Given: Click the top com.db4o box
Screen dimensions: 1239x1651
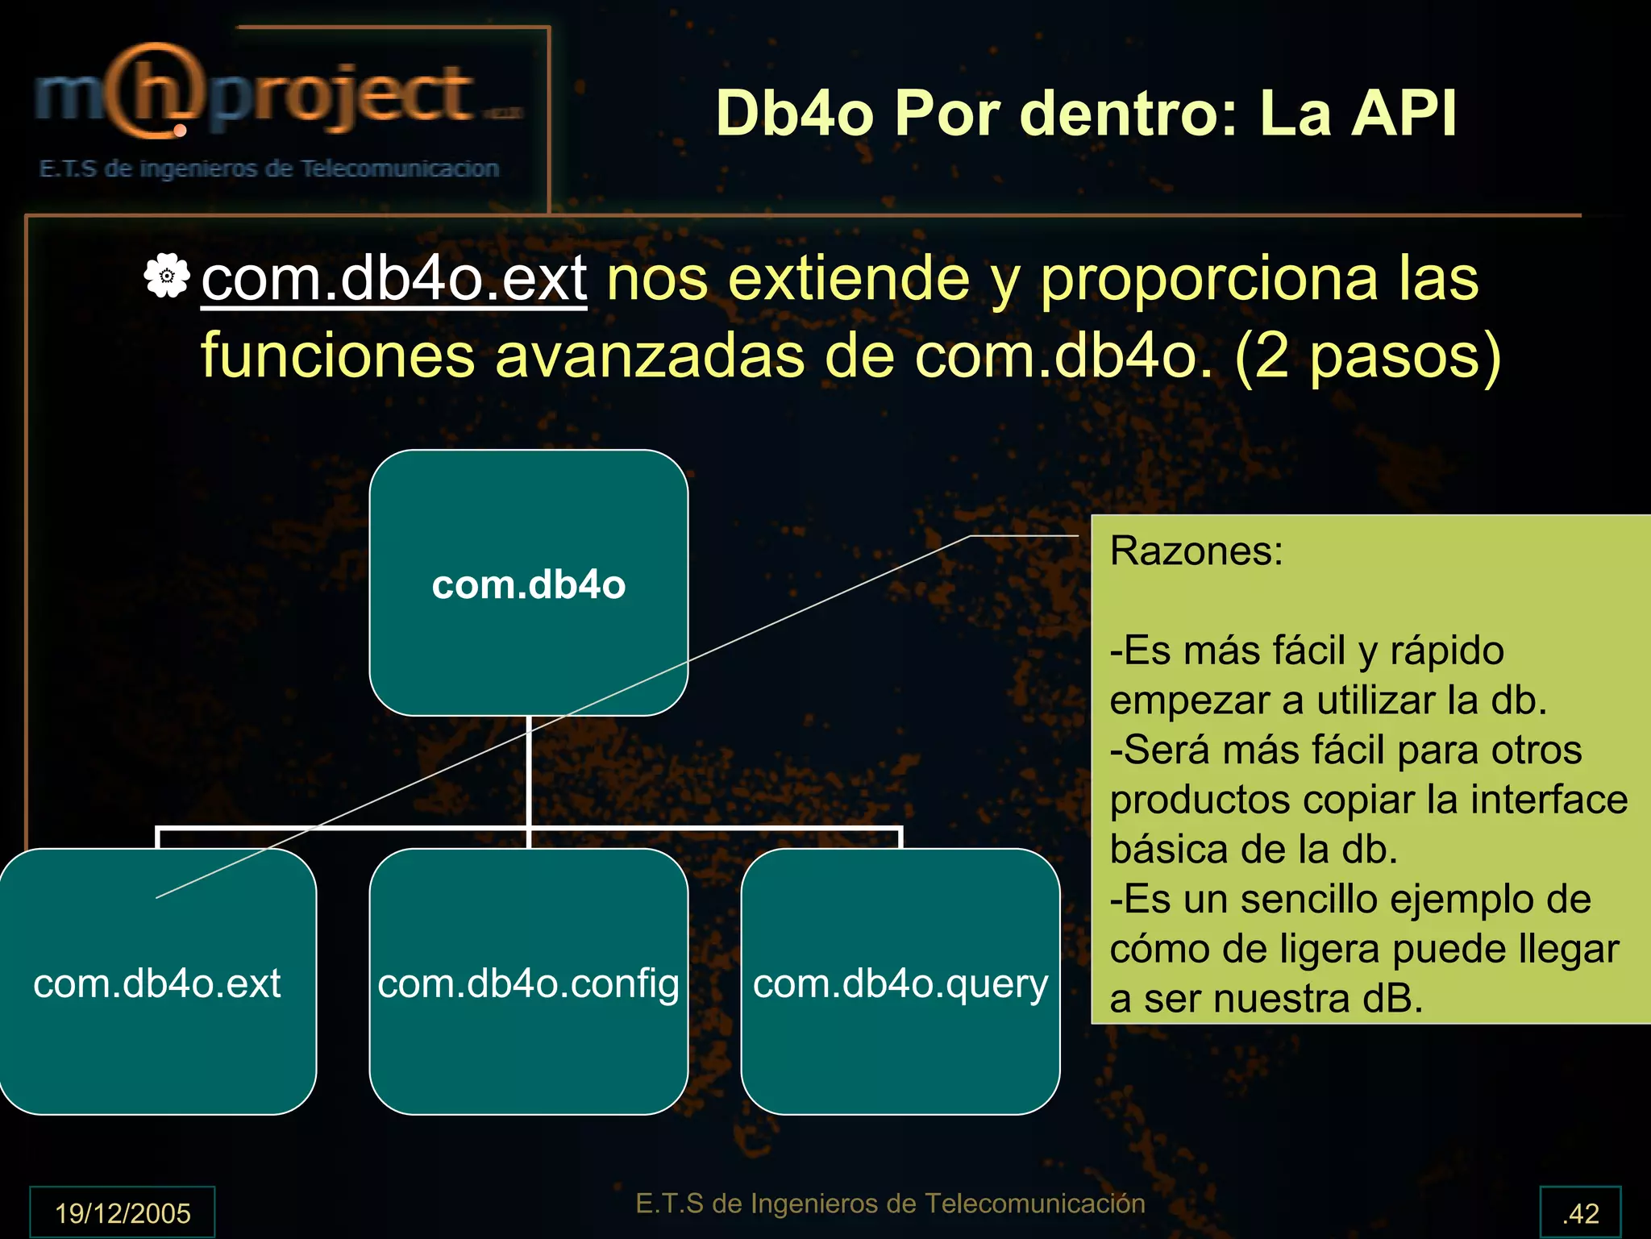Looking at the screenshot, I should pyautogui.click(x=528, y=583).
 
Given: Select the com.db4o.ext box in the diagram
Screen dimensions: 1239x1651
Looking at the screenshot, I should pyautogui.click(x=157, y=982).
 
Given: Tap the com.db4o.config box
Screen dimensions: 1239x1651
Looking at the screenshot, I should pyautogui.click(x=528, y=982).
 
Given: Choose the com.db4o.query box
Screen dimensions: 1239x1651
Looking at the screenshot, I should pyautogui.click(x=900, y=982).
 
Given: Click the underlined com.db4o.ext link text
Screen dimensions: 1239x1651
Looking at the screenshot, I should pyautogui.click(x=393, y=279).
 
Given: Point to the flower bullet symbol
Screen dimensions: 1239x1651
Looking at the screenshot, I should pyautogui.click(x=167, y=276).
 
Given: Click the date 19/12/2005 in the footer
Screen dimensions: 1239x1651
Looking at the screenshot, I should pyautogui.click(x=123, y=1212).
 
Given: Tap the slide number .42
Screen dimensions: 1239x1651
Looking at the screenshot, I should pyautogui.click(x=1580, y=1212).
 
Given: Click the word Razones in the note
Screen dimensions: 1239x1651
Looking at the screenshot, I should pyautogui.click(x=1196, y=551).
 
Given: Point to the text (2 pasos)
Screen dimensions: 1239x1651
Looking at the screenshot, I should pyautogui.click(x=1367, y=355).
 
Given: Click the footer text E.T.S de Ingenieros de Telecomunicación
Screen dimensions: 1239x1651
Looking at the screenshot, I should pyautogui.click(x=890, y=1203).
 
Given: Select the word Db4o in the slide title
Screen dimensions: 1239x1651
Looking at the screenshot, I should pyautogui.click(x=795, y=113).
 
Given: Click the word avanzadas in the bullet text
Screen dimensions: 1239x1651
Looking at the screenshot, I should pyautogui.click(x=650, y=355).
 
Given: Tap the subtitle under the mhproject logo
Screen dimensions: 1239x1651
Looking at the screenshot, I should pyautogui.click(x=269, y=168).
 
